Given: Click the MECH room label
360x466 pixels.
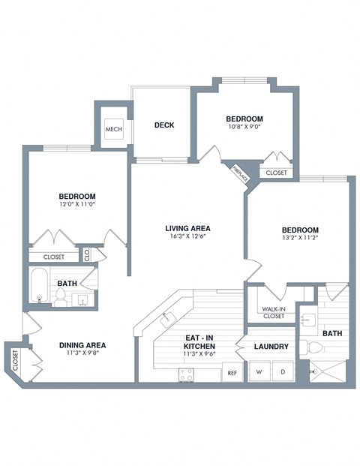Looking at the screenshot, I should click(x=114, y=128).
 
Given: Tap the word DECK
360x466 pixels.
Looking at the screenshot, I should click(x=164, y=125).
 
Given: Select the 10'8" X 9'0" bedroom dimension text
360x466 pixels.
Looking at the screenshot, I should click(x=244, y=128).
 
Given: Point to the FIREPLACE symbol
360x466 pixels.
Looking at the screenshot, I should click(x=241, y=174).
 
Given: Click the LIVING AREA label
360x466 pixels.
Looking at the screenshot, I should click(x=187, y=228).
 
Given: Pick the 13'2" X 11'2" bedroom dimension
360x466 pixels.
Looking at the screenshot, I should click(x=300, y=240).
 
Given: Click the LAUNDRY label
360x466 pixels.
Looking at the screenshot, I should click(x=271, y=347).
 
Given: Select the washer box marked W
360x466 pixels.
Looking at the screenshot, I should click(x=259, y=371).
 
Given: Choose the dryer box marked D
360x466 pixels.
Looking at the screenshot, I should click(x=283, y=371).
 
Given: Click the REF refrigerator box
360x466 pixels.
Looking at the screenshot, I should click(x=232, y=372).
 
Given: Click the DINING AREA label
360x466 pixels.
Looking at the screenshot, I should click(x=82, y=346).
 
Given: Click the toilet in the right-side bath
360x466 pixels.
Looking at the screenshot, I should click(x=314, y=349).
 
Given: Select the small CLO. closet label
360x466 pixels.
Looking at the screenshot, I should click(x=87, y=255).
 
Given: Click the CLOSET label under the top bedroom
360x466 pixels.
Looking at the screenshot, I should click(x=276, y=173).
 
